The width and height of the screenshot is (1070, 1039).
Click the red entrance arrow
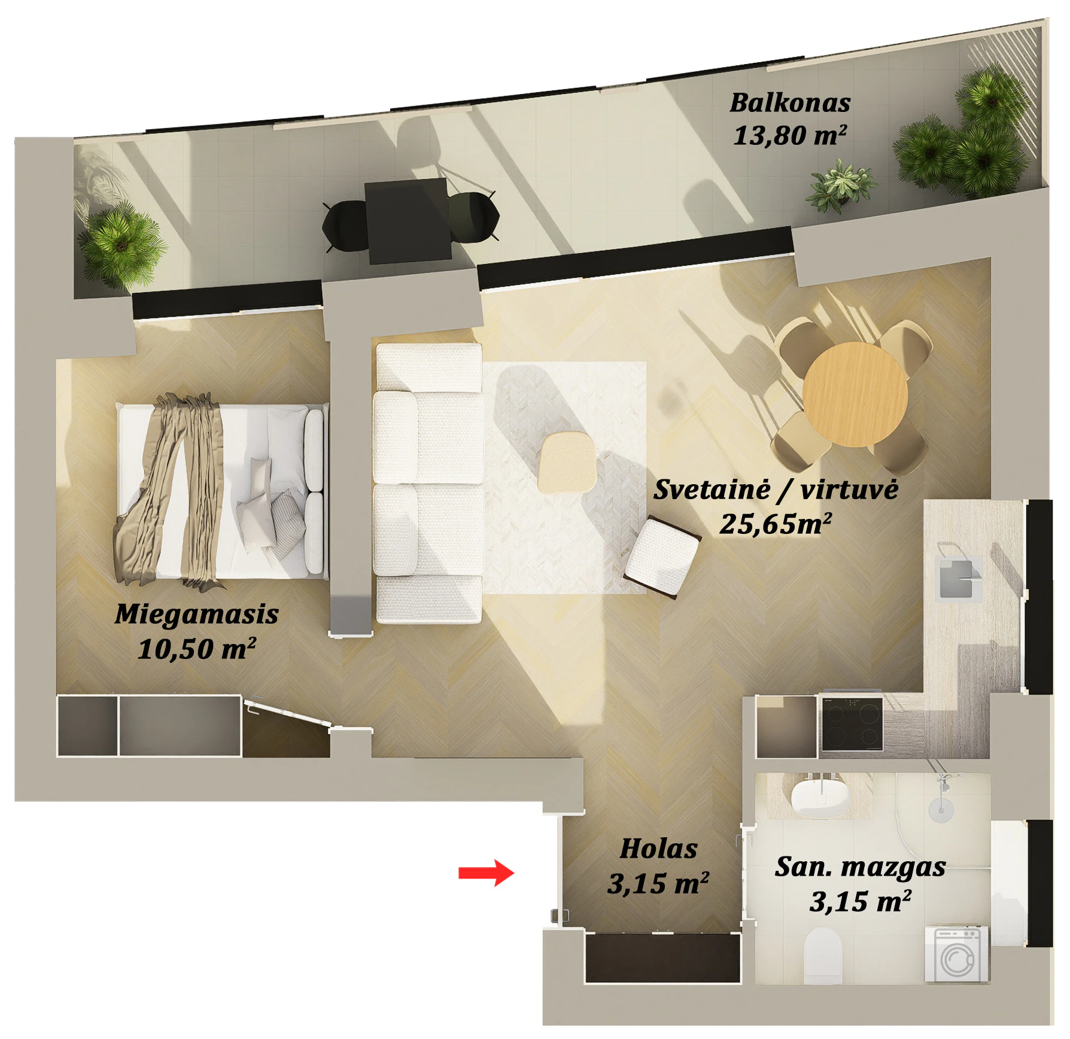(x=486, y=873)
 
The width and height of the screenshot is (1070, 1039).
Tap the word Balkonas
(x=790, y=102)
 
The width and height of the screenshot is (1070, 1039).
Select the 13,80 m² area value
(x=790, y=135)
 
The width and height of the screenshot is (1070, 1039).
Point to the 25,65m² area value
(x=776, y=524)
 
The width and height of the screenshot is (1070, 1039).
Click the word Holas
(x=658, y=849)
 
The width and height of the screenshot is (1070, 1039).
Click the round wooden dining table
(x=855, y=394)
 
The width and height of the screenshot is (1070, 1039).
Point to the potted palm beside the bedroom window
(x=121, y=244)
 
